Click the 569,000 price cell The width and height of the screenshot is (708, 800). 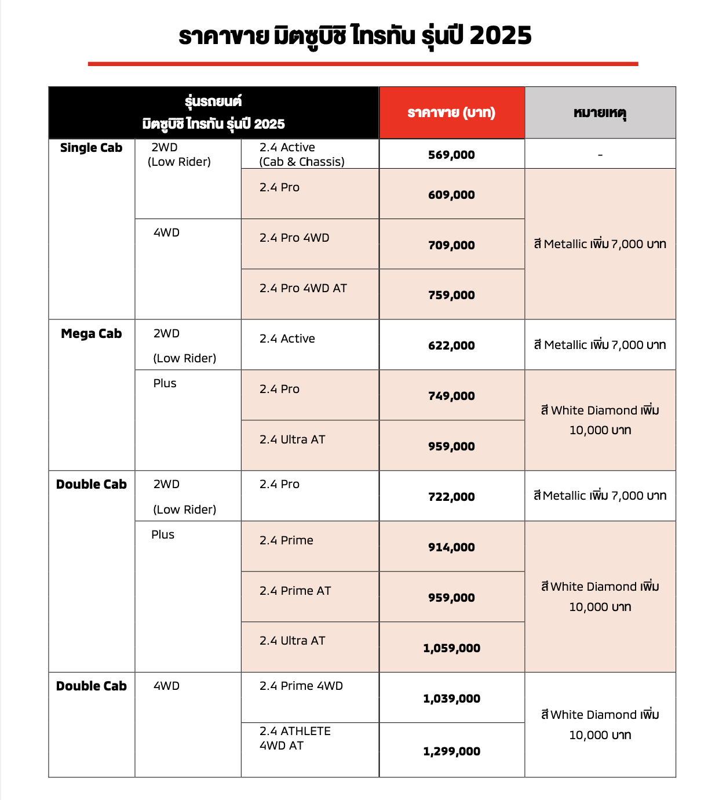451,155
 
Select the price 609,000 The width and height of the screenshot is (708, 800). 451,195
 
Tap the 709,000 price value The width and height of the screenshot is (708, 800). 451,245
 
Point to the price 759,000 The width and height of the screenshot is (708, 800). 451,295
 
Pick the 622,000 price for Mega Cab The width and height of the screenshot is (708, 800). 451,346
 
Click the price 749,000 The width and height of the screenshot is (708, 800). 451,396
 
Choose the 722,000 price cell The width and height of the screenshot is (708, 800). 451,497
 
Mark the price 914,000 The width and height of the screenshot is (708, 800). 451,547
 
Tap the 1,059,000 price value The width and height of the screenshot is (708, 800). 451,648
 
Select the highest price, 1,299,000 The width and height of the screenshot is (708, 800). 451,751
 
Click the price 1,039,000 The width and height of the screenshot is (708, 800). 451,699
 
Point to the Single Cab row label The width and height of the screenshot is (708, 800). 92,148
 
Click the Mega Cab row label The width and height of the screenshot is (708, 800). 92,334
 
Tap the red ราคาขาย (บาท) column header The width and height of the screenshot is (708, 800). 451,112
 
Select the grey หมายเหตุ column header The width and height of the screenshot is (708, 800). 600,112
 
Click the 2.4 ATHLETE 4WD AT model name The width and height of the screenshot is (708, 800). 295,738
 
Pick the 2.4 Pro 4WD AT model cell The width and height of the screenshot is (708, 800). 303,288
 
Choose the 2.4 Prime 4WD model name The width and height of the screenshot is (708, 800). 301,686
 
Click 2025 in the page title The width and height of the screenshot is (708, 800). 501,35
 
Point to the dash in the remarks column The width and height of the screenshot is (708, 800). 600,155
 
